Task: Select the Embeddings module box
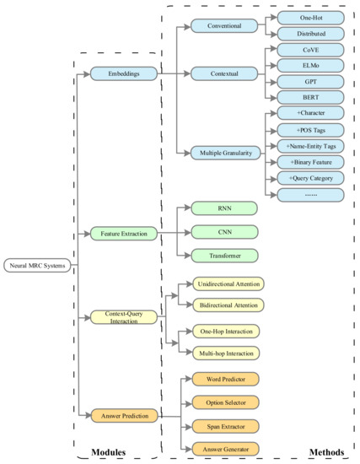click(x=123, y=75)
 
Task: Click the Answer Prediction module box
click(x=123, y=415)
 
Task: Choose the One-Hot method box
click(x=309, y=18)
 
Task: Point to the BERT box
click(x=309, y=97)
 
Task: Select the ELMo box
click(x=309, y=66)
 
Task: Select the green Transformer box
click(x=223, y=254)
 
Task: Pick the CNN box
click(x=223, y=230)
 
